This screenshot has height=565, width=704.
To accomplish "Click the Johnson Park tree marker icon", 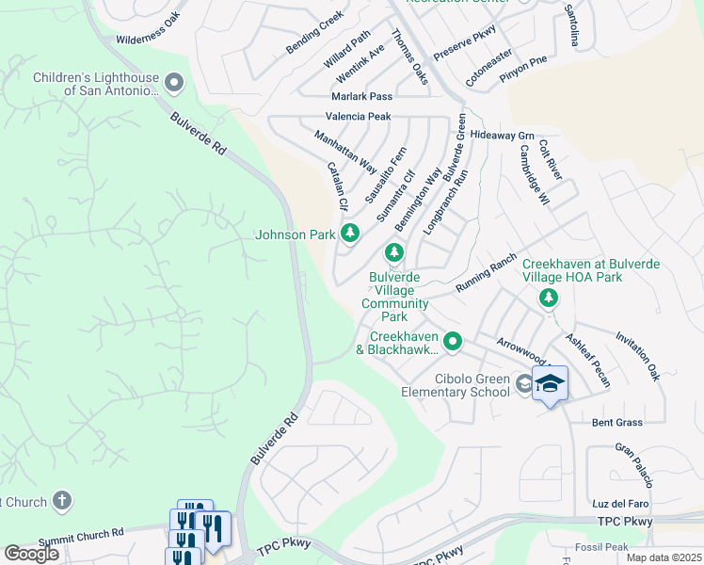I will [x=350, y=233].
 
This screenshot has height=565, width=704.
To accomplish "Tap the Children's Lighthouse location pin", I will [x=173, y=84].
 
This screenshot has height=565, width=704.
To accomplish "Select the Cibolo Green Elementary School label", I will [x=456, y=385].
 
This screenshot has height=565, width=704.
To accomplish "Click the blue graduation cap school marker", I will [x=550, y=383].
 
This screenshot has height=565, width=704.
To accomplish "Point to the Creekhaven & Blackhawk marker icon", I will [x=453, y=341].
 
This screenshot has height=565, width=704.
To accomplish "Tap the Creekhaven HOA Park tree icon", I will [x=548, y=298].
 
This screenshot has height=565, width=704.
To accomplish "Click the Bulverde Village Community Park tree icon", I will [x=394, y=252].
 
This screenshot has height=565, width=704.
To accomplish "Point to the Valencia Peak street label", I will [x=358, y=117].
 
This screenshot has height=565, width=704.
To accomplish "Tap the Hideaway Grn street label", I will [x=503, y=136].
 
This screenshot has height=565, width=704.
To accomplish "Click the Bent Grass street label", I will [x=616, y=423].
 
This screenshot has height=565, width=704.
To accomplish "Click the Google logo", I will [x=32, y=554].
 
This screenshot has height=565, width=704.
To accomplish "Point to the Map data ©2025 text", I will [x=663, y=557].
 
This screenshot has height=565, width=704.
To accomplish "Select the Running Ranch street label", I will [x=486, y=273].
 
